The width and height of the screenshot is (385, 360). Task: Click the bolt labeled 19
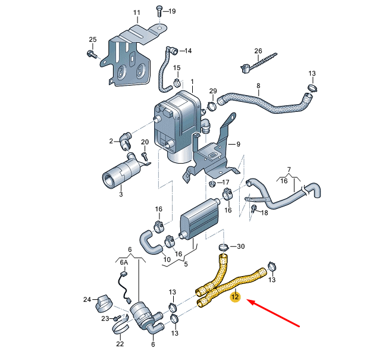pyautogui.click(x=159, y=10)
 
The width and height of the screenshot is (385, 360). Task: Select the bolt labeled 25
pyautogui.click(x=91, y=55)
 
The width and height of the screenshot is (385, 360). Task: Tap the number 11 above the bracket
pyautogui.click(x=137, y=12)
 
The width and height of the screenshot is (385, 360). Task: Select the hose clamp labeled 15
pyautogui.click(x=176, y=82)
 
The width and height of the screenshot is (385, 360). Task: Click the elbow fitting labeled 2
pyautogui.click(x=125, y=142)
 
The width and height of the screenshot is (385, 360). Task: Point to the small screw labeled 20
pyautogui.click(x=144, y=156)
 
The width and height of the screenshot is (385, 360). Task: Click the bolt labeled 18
pyautogui.click(x=253, y=208)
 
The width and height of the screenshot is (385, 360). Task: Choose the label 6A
pyautogui.click(x=124, y=261)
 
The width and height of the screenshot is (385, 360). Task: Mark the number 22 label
pyautogui.click(x=119, y=344)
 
